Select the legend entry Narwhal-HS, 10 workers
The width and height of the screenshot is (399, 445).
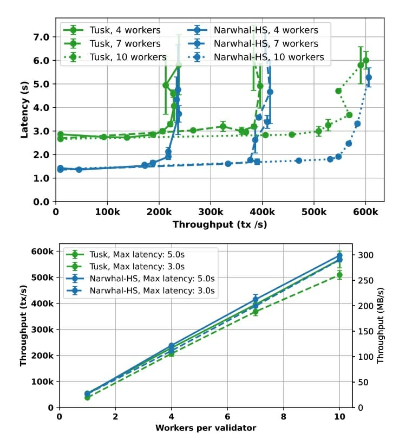click(x=269, y=57)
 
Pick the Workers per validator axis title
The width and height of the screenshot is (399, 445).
click(x=206, y=428)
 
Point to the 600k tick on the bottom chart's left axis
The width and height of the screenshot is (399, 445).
click(x=42, y=251)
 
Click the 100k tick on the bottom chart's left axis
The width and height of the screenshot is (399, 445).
click(x=42, y=382)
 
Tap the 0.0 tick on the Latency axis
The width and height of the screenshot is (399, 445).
click(x=42, y=202)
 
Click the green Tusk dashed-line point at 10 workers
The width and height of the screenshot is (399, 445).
click(x=339, y=275)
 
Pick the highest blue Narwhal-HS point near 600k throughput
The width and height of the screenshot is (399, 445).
click(x=369, y=78)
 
